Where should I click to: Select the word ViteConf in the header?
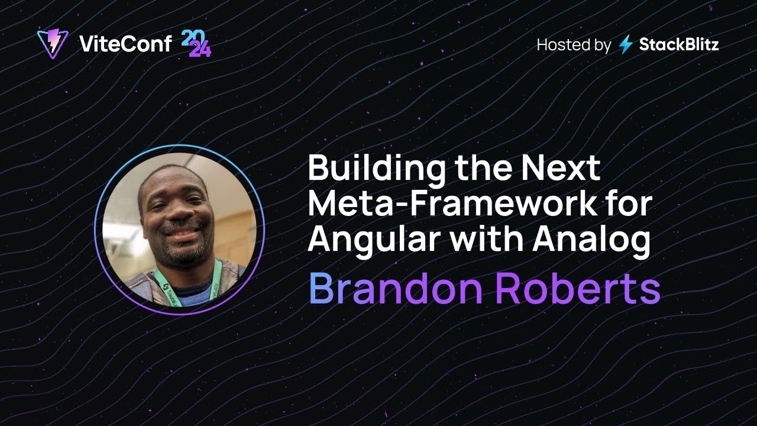tap(125, 44)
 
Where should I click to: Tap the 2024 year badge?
tap(195, 44)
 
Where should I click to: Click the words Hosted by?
tap(573, 45)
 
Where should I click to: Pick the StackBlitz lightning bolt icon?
tap(626, 45)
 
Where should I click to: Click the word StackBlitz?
tap(679, 45)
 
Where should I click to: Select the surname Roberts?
tap(577, 289)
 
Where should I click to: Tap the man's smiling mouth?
tap(182, 233)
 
